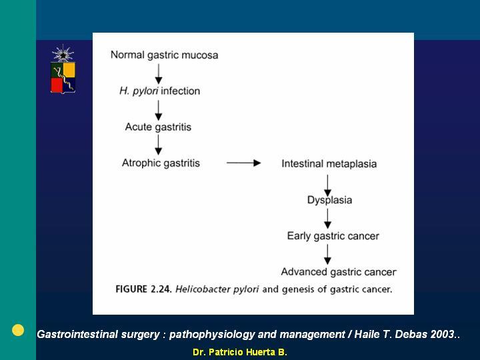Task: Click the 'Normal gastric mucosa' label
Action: coord(165,55)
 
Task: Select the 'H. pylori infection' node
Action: coord(159,91)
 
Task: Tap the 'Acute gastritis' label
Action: coord(158,127)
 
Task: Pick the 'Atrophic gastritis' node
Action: coord(161,163)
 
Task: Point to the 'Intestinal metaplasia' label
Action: coord(329,164)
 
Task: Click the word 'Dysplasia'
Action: coord(330,200)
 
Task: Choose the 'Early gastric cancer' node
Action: coord(333,236)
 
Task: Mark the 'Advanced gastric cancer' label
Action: coord(339,272)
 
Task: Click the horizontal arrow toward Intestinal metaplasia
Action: coord(244,163)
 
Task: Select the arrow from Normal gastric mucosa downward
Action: coord(158,74)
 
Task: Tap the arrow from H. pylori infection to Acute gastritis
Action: coord(158,110)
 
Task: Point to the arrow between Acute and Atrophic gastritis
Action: coord(158,145)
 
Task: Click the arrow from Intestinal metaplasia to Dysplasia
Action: coord(327,185)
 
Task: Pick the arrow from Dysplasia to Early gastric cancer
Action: coord(327,219)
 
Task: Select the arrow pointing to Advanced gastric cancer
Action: coord(327,255)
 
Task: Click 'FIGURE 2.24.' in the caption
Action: coord(143,289)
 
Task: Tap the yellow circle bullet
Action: coord(18,330)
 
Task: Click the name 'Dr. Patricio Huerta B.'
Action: coord(240,353)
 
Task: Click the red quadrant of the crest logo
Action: coord(57,85)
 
